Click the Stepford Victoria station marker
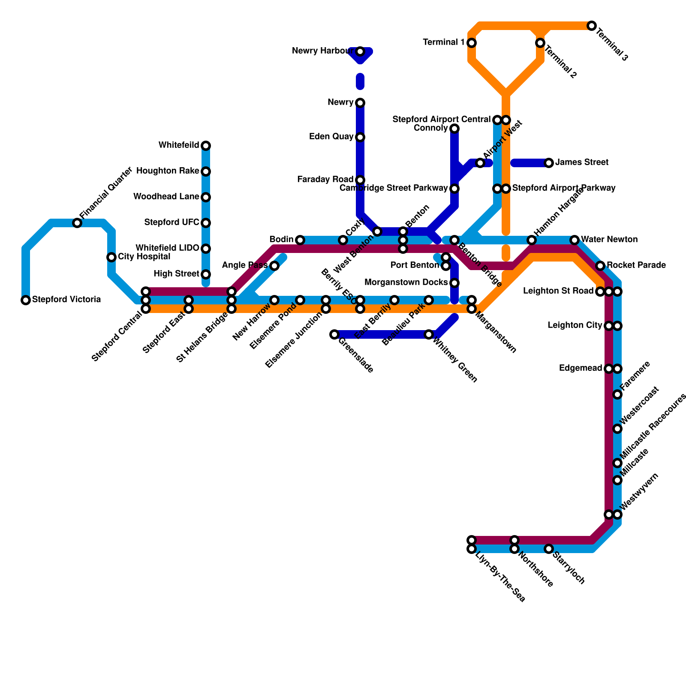[x=26, y=300]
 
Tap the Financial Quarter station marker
[x=77, y=223]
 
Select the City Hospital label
[x=144, y=257]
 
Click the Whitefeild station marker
[x=206, y=146]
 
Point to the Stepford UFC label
[x=171, y=223]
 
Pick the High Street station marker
[x=206, y=274]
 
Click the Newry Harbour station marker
[x=360, y=51]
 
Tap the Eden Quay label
[x=331, y=137]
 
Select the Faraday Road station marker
[x=360, y=180]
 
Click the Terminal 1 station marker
[x=472, y=43]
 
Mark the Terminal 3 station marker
[x=592, y=26]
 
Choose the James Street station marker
[x=549, y=163]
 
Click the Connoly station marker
[x=454, y=129]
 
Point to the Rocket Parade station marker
[x=600, y=266]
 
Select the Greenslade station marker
[x=334, y=334]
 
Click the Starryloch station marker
[x=549, y=549]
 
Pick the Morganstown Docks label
[x=406, y=283]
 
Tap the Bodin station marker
[x=300, y=240]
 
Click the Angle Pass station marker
[x=274, y=266]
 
